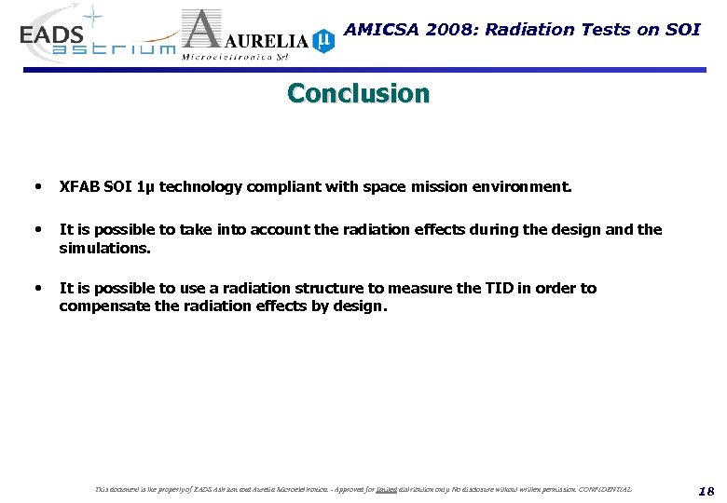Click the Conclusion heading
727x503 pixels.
359,94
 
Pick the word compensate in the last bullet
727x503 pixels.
103,306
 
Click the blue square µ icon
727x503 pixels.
322,40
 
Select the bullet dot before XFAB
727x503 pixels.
37,186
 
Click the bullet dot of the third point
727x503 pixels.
37,288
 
